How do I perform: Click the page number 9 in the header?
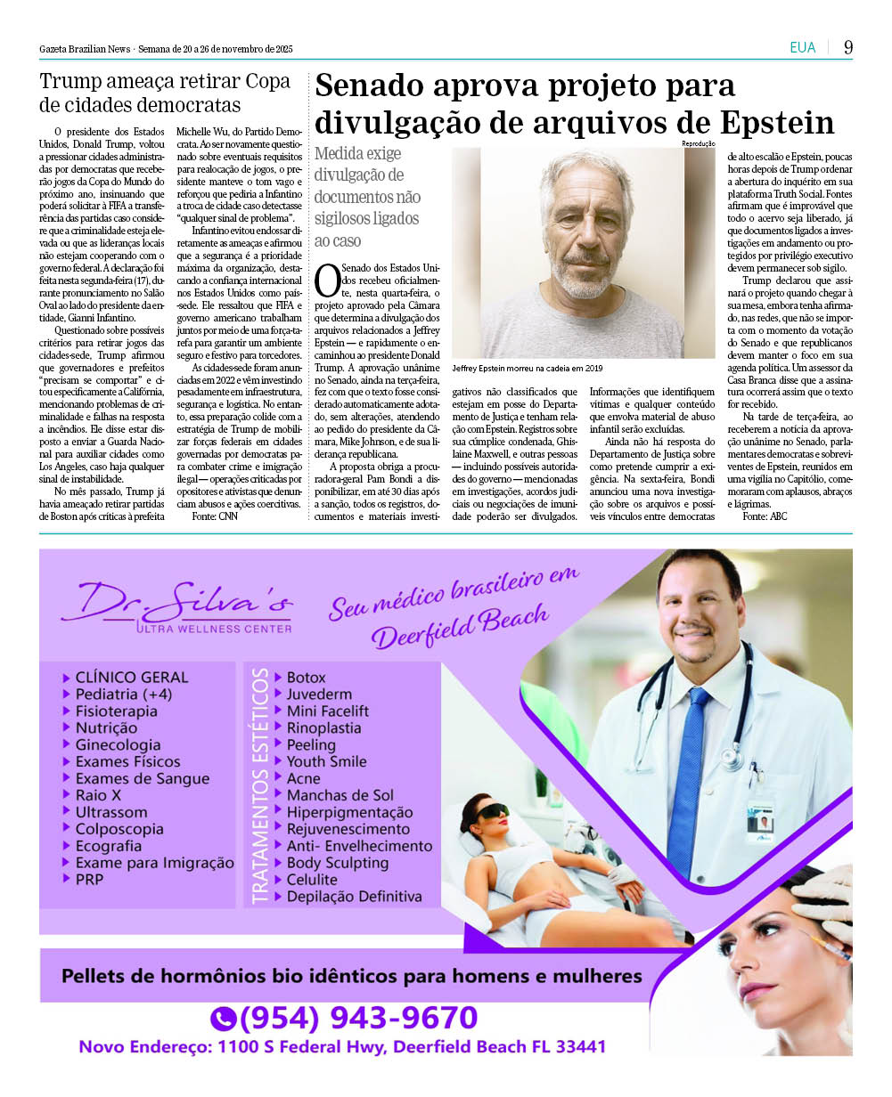coord(848,47)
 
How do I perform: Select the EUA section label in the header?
coord(802,47)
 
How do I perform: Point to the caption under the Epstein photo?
coord(528,368)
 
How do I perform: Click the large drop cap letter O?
coord(327,279)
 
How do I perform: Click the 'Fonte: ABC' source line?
coord(765,516)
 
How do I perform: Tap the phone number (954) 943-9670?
coord(358,1018)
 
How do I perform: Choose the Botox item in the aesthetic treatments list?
coord(306,678)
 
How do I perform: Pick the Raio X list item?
coord(98,795)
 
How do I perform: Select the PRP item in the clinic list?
coord(89,880)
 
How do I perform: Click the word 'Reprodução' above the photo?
coord(699,143)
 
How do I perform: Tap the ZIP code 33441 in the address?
coord(580,1047)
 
